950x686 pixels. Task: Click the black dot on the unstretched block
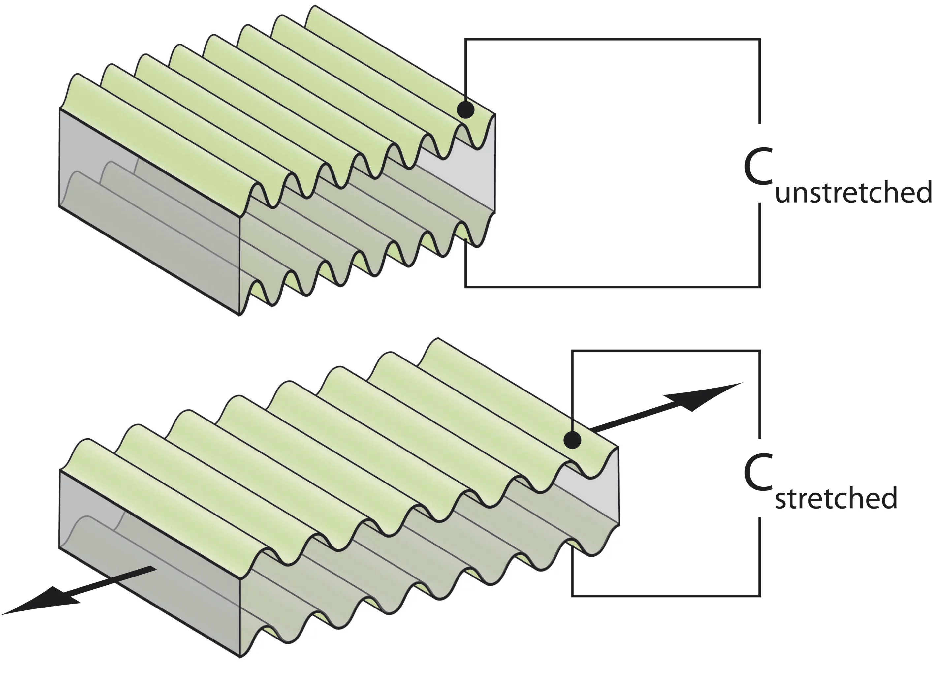coord(465,110)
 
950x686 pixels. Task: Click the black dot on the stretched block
coord(572,440)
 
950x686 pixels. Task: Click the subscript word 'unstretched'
coord(853,193)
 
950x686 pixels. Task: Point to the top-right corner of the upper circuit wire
coord(759,39)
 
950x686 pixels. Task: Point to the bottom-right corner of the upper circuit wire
coord(759,287)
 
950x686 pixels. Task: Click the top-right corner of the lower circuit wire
coord(759,351)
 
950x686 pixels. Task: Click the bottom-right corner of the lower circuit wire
coord(759,596)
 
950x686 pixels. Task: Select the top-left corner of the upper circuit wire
coord(465,39)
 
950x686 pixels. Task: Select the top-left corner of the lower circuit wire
coord(572,351)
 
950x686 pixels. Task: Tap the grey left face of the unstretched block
coord(146,209)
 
